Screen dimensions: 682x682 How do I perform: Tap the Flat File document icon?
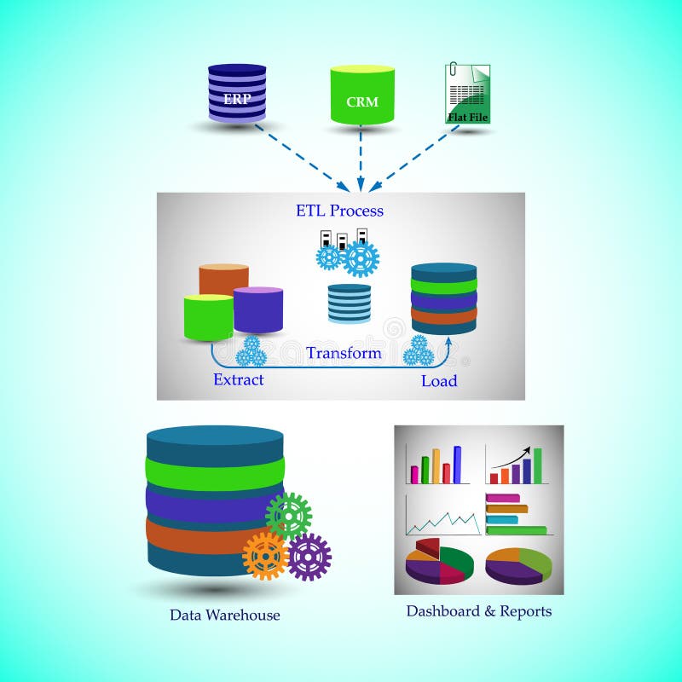tap(468, 94)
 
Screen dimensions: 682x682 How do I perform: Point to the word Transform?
tap(344, 352)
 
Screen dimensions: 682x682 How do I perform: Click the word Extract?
tap(238, 379)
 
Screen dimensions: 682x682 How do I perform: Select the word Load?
tap(439, 380)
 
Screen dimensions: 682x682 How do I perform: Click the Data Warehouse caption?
tap(224, 615)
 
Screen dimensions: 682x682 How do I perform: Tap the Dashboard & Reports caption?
tap(478, 611)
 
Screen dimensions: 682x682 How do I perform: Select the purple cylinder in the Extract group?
tap(258, 309)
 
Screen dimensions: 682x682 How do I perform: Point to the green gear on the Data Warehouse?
tap(289, 516)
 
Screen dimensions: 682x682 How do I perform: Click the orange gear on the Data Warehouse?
tap(265, 556)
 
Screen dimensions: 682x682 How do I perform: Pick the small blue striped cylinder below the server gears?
tap(350, 303)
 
